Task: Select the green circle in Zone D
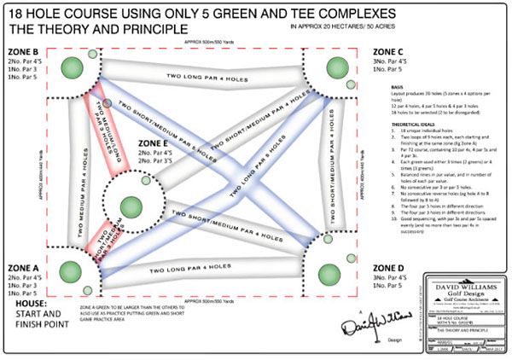click(330, 272)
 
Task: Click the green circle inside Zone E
click(130, 205)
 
